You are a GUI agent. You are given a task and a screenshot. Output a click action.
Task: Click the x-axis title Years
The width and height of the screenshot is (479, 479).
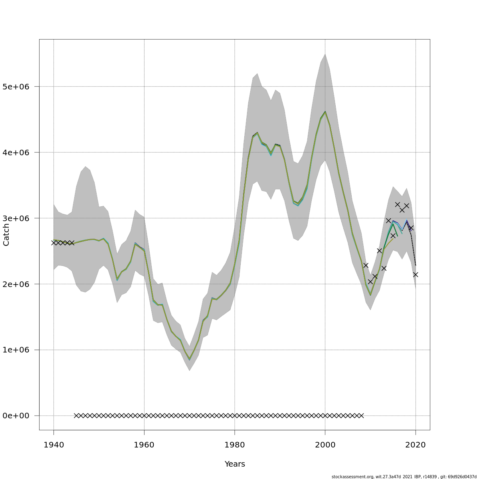[235, 464]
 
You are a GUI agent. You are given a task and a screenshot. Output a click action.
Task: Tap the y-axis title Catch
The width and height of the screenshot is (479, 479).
[6, 235]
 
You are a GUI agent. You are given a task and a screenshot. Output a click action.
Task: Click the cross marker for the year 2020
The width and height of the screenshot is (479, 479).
[416, 275]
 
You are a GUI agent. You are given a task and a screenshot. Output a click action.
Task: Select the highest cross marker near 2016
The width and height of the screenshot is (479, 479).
[398, 204]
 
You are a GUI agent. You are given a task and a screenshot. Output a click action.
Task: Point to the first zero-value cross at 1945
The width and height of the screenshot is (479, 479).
[76, 416]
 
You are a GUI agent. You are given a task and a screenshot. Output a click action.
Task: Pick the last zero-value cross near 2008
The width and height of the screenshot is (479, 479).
[361, 416]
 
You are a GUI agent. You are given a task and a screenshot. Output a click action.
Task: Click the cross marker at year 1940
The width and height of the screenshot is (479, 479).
[53, 243]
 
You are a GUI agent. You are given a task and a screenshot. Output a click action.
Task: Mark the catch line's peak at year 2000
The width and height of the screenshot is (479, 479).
[325, 112]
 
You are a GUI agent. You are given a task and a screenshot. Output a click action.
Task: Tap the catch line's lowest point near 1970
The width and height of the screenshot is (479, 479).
[190, 360]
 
